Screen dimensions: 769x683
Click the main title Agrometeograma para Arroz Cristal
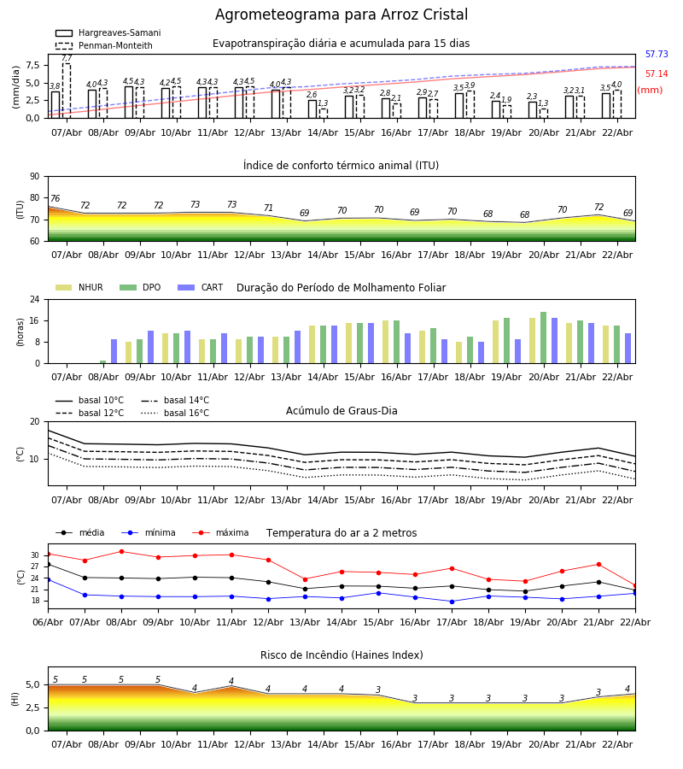pos(341,15)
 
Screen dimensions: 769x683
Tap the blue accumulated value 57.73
pos(657,55)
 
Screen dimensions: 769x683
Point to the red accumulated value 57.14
pos(657,74)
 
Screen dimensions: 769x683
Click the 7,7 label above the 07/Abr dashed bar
pos(67,58)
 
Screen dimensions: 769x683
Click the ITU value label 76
pos(55,199)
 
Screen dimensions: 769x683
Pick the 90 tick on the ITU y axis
pos(34,177)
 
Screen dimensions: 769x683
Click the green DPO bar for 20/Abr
pos(543,338)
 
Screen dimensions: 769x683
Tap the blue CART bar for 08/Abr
pos(114,351)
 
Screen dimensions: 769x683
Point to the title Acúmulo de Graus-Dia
pos(341,411)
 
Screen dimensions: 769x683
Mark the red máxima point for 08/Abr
pos(121,551)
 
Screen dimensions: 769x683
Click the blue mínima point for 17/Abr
pos(452,602)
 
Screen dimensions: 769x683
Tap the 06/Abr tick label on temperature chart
pos(48,621)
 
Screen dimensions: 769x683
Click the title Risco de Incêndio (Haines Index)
pos(341,655)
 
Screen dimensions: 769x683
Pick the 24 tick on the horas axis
pos(34,300)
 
